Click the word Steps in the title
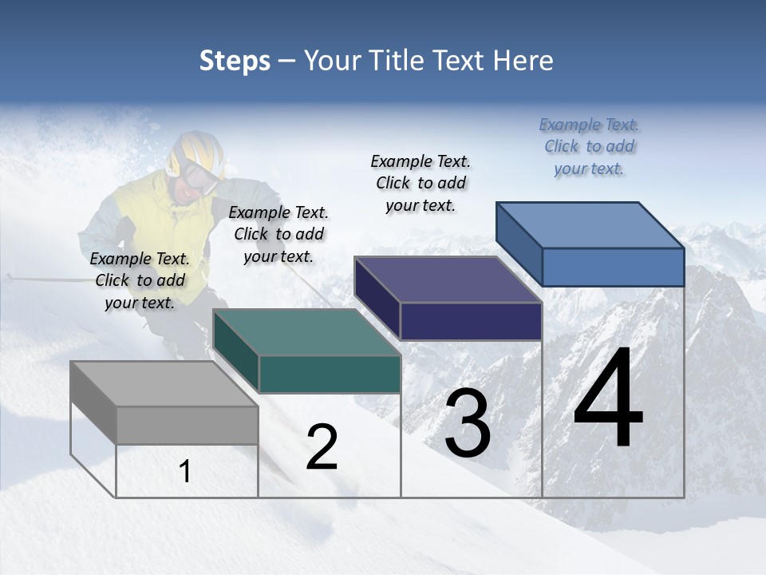pos(235,61)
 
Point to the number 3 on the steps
pos(468,423)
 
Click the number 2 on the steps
pos(322,447)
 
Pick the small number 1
pos(185,472)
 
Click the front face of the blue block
pos(613,267)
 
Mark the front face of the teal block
pos(330,374)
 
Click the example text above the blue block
pos(590,147)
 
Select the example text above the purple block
pos(421,183)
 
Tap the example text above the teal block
pos(278,234)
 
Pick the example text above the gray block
pos(140,280)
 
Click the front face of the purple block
pos(471,321)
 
